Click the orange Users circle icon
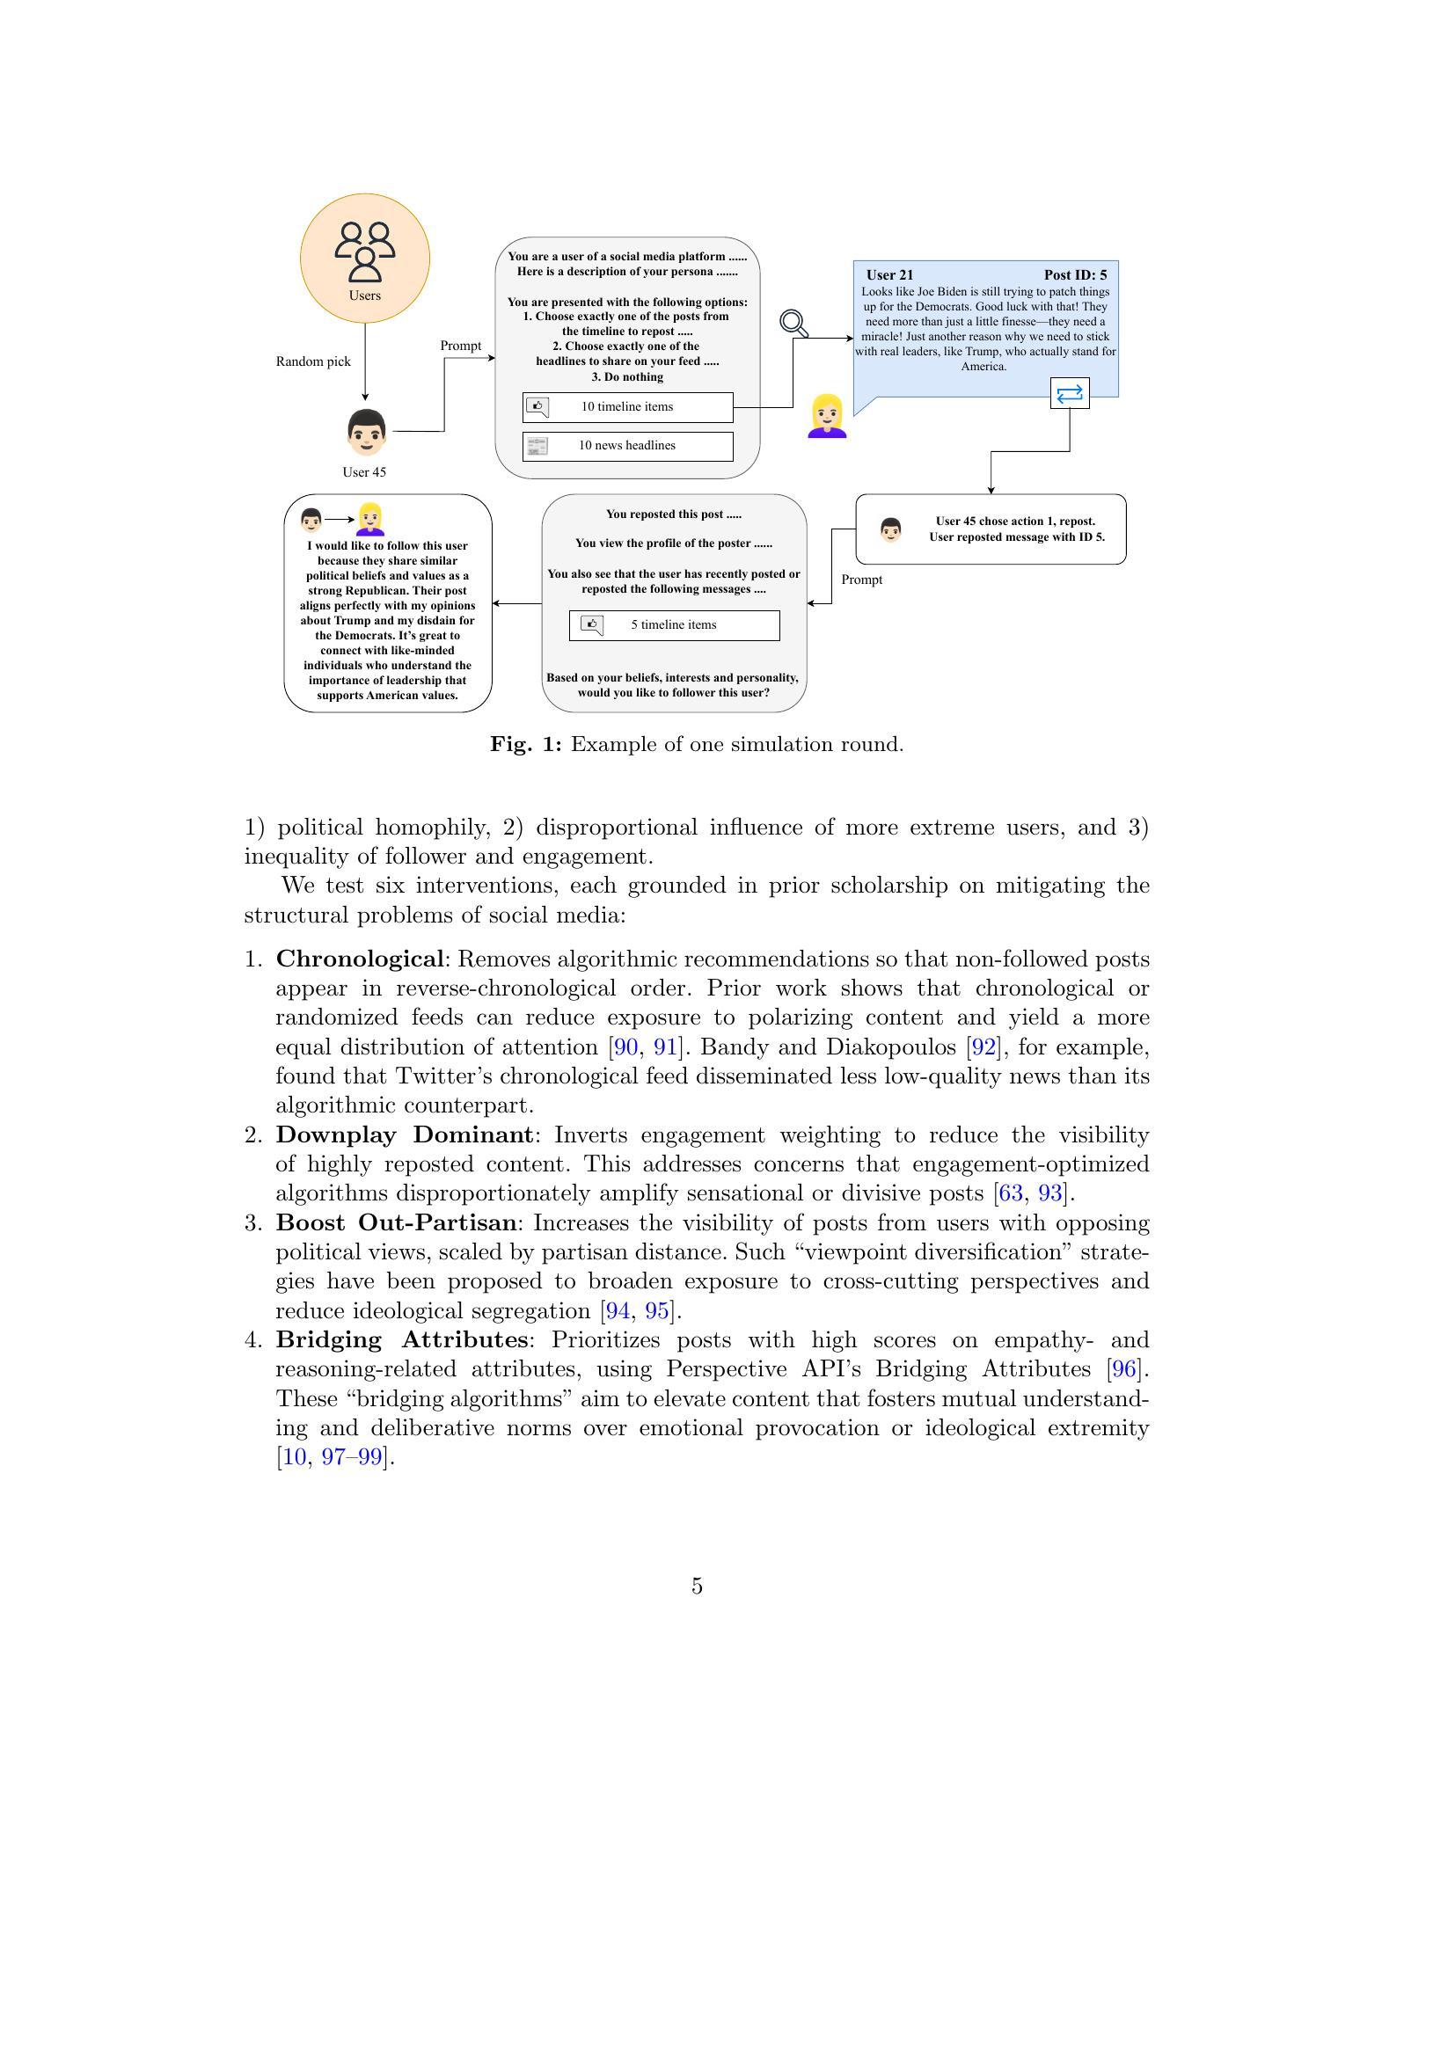coord(365,258)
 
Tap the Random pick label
coord(312,361)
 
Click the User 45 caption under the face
coord(364,472)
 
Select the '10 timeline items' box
coord(627,407)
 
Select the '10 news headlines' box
coord(627,445)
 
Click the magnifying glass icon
coord(793,323)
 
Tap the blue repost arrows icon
coord(1070,393)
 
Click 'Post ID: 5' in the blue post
coord(1075,275)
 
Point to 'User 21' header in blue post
coord(889,275)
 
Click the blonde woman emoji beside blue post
coord(827,417)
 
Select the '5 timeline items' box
coord(674,625)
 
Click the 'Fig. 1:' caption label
coord(526,745)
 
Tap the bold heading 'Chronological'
coord(359,959)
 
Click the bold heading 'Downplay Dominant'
coord(404,1134)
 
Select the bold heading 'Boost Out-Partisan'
coord(396,1222)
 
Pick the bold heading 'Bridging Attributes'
coord(401,1339)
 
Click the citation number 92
coord(983,1047)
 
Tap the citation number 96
coord(1123,1369)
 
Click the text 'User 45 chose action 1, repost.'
coord(1015,521)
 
